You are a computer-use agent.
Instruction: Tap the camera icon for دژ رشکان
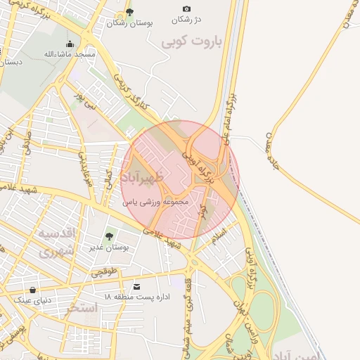(186, 8)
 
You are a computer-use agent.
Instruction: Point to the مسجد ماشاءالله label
(65, 54)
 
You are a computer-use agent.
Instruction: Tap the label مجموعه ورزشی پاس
(156, 202)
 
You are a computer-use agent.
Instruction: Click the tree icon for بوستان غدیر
(109, 236)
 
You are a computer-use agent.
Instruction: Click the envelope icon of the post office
(136, 287)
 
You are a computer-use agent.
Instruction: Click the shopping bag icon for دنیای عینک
(33, 290)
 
